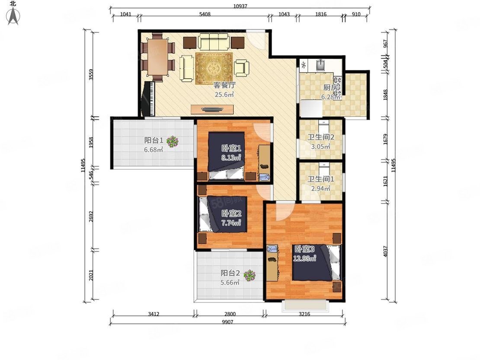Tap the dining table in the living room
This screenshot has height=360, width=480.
[157, 57]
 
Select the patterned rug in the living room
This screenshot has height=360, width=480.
[214, 69]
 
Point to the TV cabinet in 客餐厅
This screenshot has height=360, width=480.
[212, 109]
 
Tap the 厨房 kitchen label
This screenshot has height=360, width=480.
[331, 87]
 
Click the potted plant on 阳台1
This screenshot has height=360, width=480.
[173, 141]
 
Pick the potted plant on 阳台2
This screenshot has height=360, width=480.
[250, 275]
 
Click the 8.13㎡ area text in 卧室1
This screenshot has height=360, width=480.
[231, 158]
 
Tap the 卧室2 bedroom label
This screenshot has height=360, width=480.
[231, 213]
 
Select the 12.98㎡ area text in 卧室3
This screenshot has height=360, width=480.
[304, 258]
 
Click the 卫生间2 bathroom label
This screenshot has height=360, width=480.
[320, 137]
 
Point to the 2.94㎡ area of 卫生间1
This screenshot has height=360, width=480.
[320, 188]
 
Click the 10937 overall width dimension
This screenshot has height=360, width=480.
[240, 6]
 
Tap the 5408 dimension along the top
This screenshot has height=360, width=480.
[205, 14]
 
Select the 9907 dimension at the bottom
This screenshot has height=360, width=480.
[227, 322]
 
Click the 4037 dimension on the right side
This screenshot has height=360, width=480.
[385, 252]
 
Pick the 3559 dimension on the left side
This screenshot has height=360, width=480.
[91, 75]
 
